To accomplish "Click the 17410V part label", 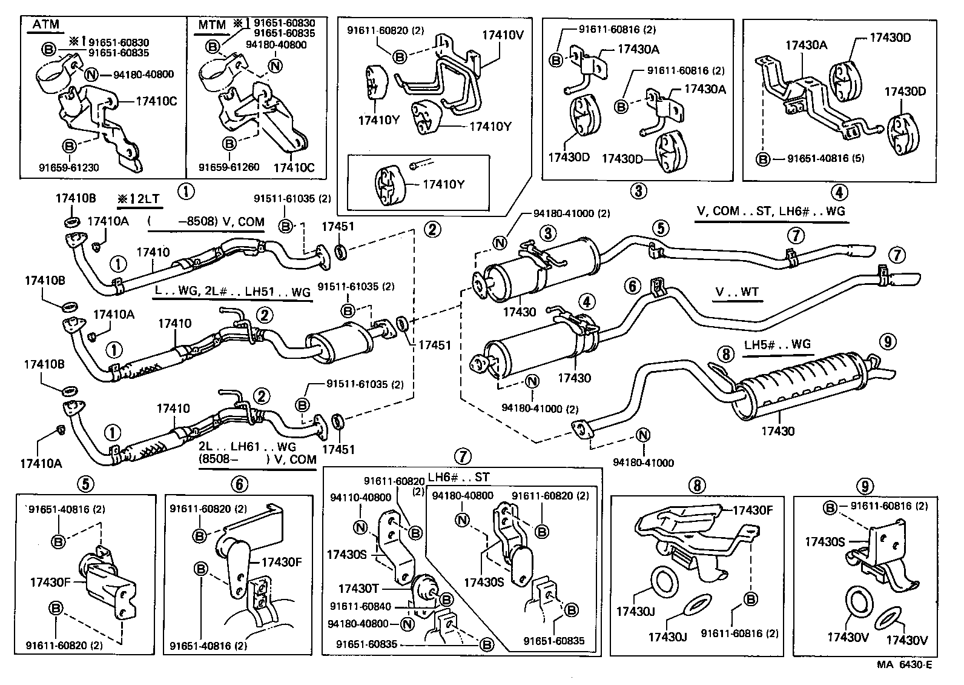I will click(503, 35).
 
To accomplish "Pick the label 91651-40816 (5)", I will click(826, 158).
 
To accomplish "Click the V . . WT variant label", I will click(736, 293).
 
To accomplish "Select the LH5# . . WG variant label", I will click(777, 344).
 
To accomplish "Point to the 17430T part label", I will click(358, 589).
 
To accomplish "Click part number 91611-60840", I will click(360, 606).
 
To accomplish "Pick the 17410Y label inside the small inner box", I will click(443, 184).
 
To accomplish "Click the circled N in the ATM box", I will click(91, 75).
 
